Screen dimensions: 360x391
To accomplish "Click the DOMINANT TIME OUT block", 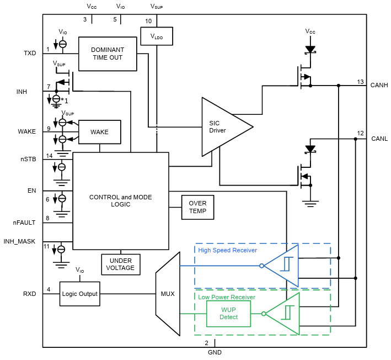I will [108, 54].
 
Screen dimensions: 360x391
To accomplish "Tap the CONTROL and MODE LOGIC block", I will [120, 200].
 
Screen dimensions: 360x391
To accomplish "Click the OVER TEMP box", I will [197, 207].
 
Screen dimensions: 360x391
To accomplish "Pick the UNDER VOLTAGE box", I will [120, 264].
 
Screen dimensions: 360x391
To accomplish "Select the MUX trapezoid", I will [168, 294].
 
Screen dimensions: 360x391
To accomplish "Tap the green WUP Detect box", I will [228, 314].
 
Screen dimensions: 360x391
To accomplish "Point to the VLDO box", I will [157, 37].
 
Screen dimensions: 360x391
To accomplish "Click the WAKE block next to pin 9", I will [99, 132].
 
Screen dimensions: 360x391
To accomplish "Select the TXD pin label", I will [30, 54].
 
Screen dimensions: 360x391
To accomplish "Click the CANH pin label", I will [379, 85].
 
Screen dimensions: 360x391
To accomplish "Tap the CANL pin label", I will [379, 138].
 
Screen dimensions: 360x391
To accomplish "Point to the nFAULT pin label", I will [24, 223].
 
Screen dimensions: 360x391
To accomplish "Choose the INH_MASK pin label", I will [20, 241].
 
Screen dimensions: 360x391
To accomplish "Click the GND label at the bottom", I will [214, 352].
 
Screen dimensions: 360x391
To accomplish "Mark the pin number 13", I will [360, 82].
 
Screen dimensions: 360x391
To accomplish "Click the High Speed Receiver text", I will [227, 250].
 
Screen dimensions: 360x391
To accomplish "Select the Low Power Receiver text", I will [226, 297].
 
